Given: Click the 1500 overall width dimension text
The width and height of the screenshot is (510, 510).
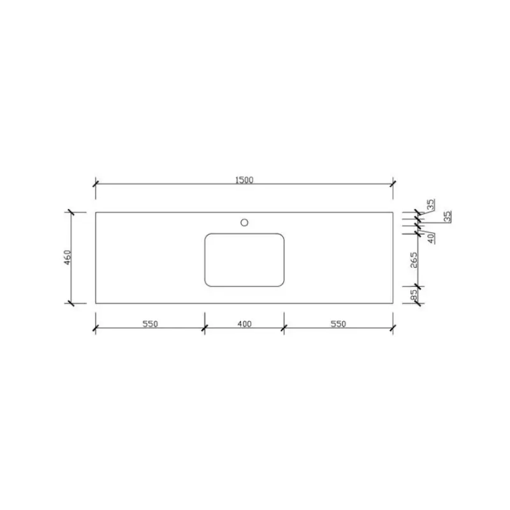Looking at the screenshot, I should pos(244,180).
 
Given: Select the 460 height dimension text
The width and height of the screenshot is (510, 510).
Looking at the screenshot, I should pos(67,258).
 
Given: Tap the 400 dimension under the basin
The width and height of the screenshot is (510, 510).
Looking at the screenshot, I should pos(244,324).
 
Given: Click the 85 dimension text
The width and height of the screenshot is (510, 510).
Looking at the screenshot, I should pos(414,295).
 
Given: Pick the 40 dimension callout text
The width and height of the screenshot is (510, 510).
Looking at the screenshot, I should pos(431,238).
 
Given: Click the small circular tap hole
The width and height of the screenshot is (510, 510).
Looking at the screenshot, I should pos(244,222).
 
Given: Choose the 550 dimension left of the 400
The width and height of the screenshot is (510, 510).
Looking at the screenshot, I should pos(150,324).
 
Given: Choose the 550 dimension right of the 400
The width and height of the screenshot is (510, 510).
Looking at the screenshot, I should pos(338,324).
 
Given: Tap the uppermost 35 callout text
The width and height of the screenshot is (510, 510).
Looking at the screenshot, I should pos(431,204).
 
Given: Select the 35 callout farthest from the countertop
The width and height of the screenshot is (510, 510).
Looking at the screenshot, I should pos(448,216).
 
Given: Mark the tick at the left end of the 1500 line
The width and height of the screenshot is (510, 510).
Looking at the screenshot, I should pos(96,184).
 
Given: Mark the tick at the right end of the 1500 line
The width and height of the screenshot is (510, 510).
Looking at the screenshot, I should pos(392,184).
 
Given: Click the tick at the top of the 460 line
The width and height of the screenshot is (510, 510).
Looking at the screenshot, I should pos(71,212).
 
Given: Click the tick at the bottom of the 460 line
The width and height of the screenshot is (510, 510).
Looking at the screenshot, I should pos(71,303).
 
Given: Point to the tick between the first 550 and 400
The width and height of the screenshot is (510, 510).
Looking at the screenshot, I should pos(204,329).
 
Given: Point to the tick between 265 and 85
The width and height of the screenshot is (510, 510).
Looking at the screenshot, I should pos(418,285).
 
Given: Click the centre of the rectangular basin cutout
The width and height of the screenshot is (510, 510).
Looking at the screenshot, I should pos(244,259).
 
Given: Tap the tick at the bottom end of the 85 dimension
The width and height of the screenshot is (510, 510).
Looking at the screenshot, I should pos(418,303).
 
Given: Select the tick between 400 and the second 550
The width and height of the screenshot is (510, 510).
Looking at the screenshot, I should pos(284,329).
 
